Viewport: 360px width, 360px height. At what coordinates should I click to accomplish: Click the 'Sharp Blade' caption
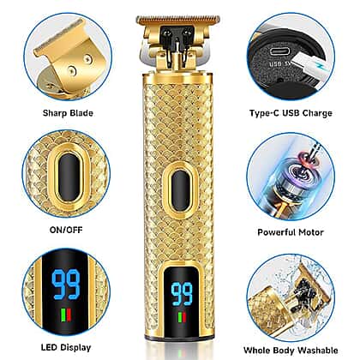[68, 113]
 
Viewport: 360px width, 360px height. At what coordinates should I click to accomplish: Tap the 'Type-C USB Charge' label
[291, 113]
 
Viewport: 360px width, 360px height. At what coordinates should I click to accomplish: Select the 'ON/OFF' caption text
[66, 230]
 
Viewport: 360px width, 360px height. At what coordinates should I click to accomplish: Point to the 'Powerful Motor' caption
[291, 232]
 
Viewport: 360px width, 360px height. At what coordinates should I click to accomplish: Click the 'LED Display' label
[66, 347]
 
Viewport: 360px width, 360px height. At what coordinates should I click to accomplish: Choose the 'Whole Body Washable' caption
[291, 351]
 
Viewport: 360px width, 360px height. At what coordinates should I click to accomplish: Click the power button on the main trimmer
[181, 190]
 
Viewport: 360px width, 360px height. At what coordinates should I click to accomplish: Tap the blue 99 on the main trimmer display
[182, 294]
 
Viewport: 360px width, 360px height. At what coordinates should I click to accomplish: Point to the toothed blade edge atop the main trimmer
[178, 20]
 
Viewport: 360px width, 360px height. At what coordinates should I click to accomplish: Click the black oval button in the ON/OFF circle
[69, 177]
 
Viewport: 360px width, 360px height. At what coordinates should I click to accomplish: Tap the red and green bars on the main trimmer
[182, 318]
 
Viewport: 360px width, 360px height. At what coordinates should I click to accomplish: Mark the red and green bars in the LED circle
[66, 316]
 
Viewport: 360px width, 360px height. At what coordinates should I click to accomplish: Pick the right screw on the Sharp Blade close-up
[87, 59]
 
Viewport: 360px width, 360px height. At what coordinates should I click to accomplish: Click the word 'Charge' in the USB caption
[317, 113]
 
